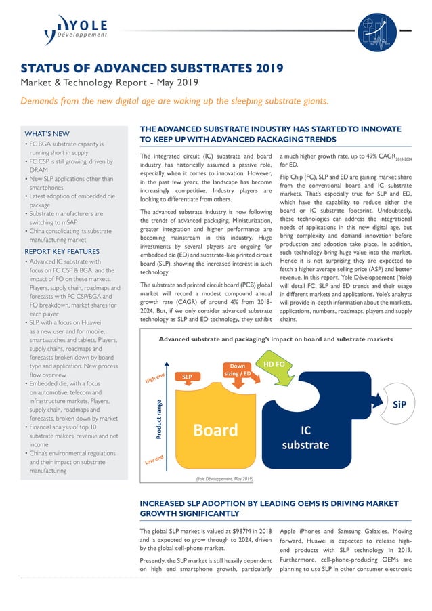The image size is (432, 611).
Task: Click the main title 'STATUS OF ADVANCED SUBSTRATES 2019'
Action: pyautogui.click(x=152, y=69)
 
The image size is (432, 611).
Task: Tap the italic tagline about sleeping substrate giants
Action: pyautogui.click(x=175, y=101)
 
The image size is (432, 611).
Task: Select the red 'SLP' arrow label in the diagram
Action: pyautogui.click(x=188, y=375)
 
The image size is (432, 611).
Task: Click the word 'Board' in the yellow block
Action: pyautogui.click(x=215, y=429)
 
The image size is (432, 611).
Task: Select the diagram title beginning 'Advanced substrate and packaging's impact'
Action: pyautogui.click(x=275, y=339)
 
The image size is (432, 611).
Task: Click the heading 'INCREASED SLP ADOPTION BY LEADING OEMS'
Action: pyautogui.click(x=267, y=509)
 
